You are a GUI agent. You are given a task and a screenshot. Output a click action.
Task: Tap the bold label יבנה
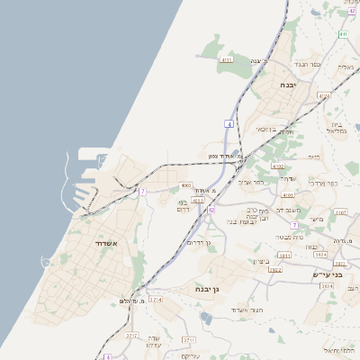pos(288,85)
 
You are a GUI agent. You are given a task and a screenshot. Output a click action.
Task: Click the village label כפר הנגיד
pos(308,66)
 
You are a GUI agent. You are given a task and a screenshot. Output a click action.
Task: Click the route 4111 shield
pos(226,60)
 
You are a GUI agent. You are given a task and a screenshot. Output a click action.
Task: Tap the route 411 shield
pos(343,34)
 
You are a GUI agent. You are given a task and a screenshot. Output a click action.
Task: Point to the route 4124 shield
pos(324,94)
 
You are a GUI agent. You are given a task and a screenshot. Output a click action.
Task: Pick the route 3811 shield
pos(284,256)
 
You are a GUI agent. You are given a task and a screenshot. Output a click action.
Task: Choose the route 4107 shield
pos(339,212)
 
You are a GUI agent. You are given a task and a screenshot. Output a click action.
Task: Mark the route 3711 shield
pos(188,339)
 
